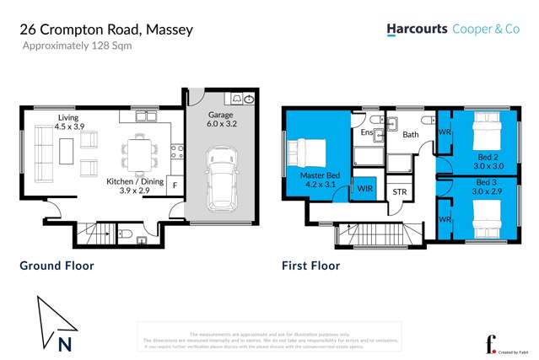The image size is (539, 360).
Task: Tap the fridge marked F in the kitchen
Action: (174, 185)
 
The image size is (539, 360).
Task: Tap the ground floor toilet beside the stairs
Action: (124, 234)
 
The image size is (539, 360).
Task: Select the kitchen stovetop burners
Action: (176, 152)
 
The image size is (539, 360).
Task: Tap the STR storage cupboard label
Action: (400, 192)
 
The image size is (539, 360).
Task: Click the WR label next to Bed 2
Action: (444, 132)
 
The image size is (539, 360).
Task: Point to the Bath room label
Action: (411, 134)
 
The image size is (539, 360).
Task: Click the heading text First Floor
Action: (310, 266)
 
